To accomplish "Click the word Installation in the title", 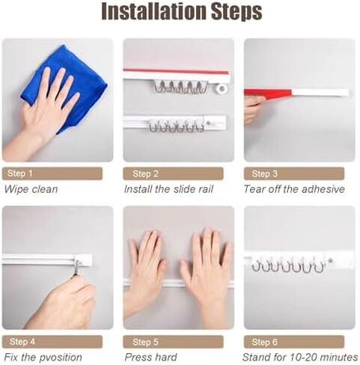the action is click(x=155, y=12).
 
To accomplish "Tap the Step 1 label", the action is click(x=20, y=174).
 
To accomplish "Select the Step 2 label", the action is click(x=145, y=174).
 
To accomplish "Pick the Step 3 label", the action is click(x=265, y=174).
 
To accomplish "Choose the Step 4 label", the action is click(x=22, y=342).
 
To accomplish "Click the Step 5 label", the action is click(x=145, y=342).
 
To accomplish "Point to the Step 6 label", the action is click(x=265, y=342).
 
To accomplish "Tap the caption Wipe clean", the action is click(x=31, y=189).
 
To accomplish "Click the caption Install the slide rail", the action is click(x=168, y=189).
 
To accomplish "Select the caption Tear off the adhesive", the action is click(x=294, y=189).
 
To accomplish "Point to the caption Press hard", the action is click(x=150, y=358).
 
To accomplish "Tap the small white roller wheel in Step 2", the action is click(x=222, y=88).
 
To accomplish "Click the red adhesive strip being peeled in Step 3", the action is click(x=268, y=93).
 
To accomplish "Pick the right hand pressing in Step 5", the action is click(x=207, y=274).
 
